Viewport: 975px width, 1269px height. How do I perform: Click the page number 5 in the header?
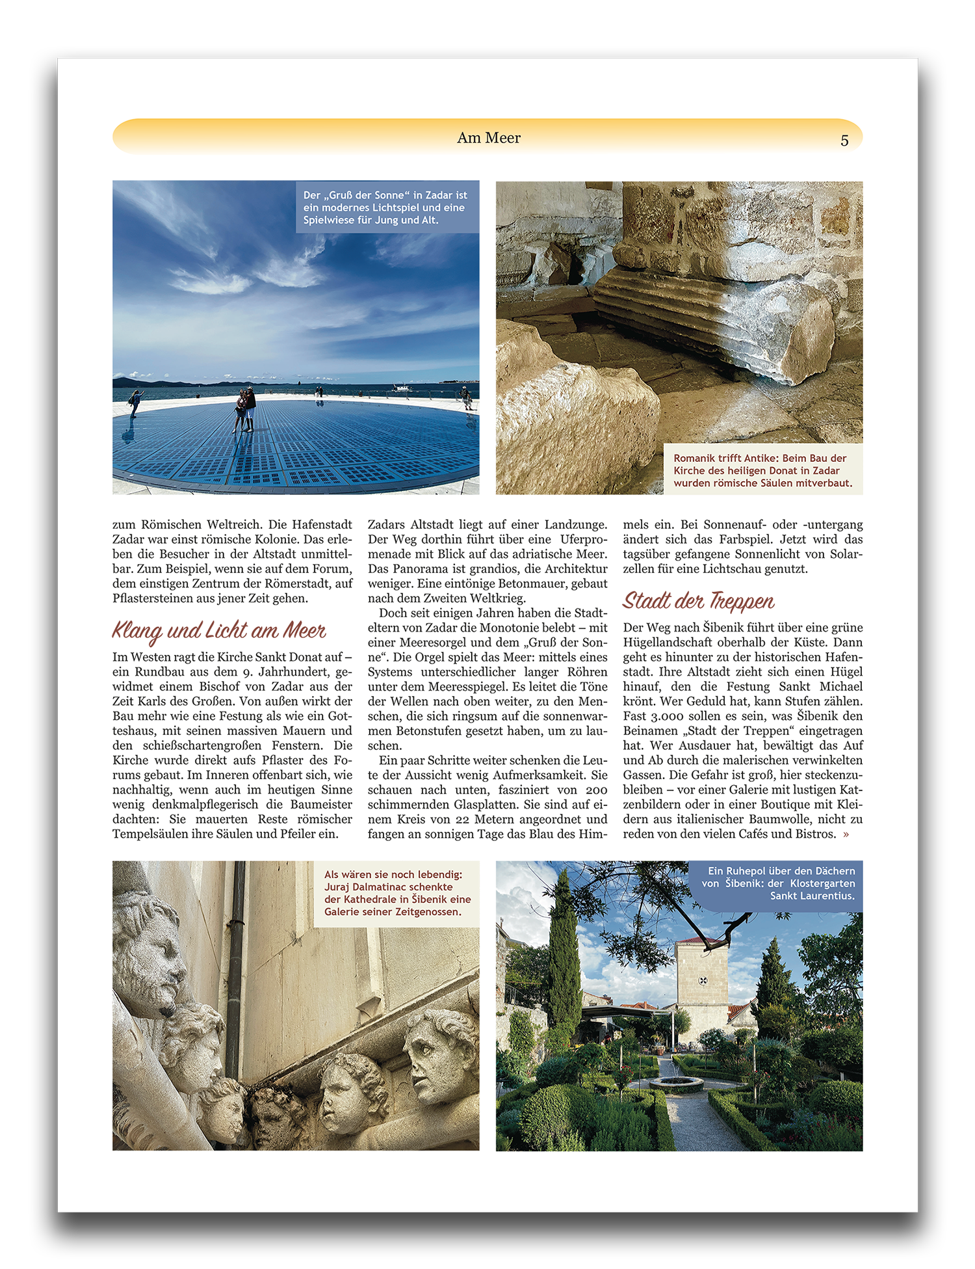[x=844, y=140]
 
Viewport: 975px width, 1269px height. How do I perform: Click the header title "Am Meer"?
[x=489, y=138]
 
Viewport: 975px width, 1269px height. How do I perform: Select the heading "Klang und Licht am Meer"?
[x=219, y=630]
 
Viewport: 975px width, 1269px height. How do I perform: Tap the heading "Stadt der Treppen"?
[x=699, y=600]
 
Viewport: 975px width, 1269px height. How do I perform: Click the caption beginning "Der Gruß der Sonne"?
[x=387, y=207]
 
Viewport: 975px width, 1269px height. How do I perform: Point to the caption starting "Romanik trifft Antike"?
[x=762, y=470]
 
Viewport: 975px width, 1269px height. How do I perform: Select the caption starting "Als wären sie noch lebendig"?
[x=396, y=893]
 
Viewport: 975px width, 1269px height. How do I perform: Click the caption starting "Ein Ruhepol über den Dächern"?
[x=780, y=883]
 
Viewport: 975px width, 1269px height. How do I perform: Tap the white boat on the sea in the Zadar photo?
[x=402, y=388]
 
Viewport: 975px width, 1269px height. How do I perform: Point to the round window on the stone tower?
[x=703, y=980]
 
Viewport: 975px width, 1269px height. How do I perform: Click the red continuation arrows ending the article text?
[x=846, y=835]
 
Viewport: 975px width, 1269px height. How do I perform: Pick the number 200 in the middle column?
[x=596, y=790]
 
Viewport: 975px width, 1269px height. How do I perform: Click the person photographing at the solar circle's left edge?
[x=136, y=401]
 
